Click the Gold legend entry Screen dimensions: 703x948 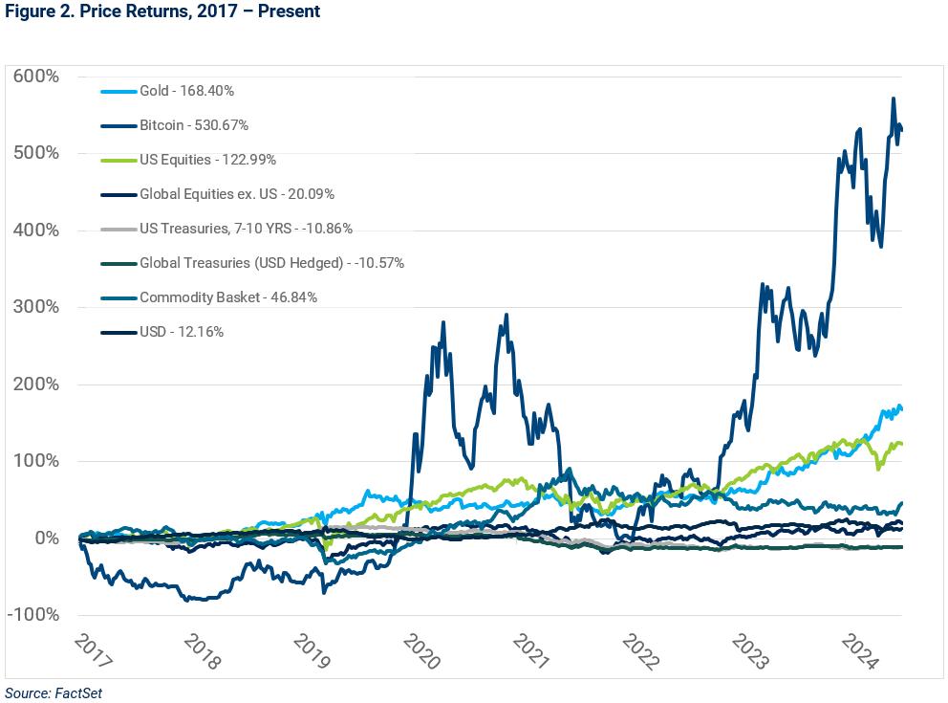click(x=186, y=91)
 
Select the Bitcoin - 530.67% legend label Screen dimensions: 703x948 click(x=194, y=125)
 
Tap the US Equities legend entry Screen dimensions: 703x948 click(x=207, y=160)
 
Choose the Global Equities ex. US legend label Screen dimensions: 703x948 click(x=236, y=194)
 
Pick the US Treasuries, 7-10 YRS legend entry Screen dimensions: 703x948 click(x=246, y=229)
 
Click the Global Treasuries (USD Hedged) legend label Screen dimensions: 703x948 click(x=271, y=263)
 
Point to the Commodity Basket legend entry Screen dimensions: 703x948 click(x=227, y=297)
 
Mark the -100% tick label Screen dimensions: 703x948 click(x=33, y=614)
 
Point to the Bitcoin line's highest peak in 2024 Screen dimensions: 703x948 click(x=893, y=99)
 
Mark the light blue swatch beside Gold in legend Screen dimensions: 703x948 click(x=118, y=91)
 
